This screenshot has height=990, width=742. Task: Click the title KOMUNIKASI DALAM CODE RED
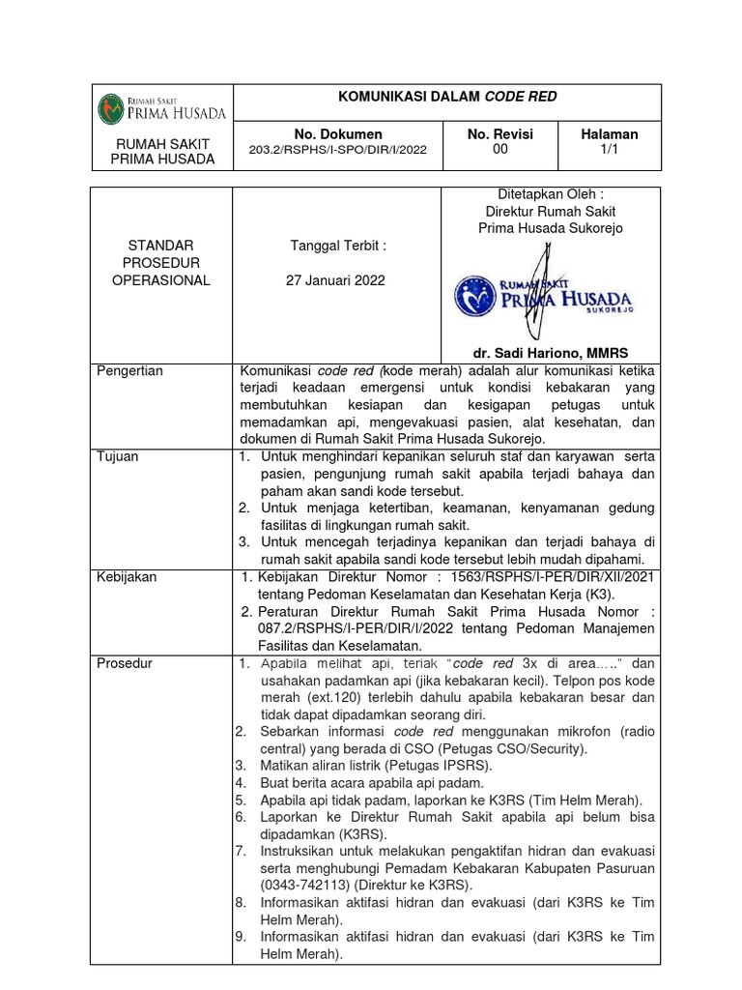tap(445, 98)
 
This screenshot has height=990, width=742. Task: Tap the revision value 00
tap(499, 150)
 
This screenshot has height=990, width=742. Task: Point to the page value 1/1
tap(608, 150)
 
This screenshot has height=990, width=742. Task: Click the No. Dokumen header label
tap(338, 133)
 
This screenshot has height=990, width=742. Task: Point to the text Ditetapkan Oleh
tap(552, 194)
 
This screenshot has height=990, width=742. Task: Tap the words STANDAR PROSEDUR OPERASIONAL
tap(160, 263)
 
